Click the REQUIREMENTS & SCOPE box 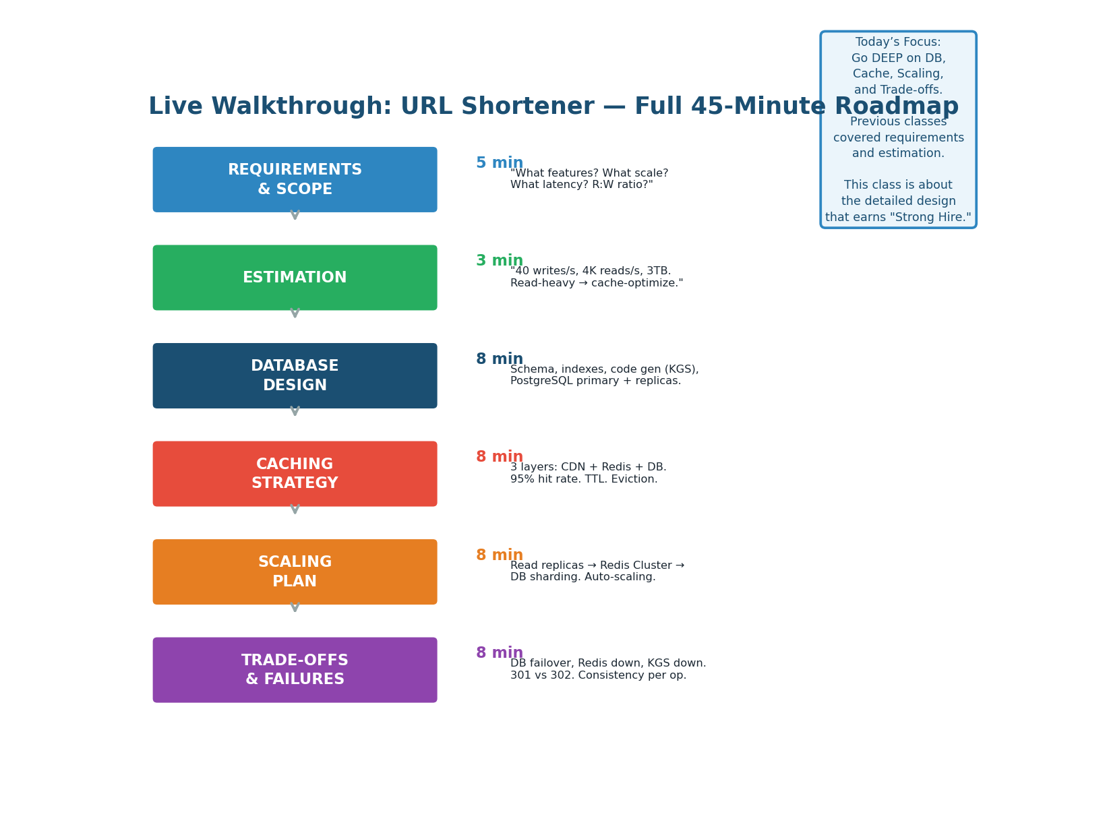click(295, 179)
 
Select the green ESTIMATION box click(295, 278)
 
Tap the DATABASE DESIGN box click(295, 375)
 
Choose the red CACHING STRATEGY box click(295, 474)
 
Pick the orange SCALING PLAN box click(295, 572)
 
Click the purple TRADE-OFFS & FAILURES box click(295, 670)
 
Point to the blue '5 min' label click(500, 163)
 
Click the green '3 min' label click(500, 261)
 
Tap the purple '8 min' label click(500, 653)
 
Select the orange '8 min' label click(500, 555)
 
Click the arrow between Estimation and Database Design click(295, 313)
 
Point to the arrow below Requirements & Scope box click(295, 215)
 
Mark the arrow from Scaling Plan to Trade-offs click(295, 607)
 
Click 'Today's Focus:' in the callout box click(898, 42)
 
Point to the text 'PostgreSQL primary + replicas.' click(595, 381)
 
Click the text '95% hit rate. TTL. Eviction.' click(584, 480)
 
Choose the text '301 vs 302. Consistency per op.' click(598, 676)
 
